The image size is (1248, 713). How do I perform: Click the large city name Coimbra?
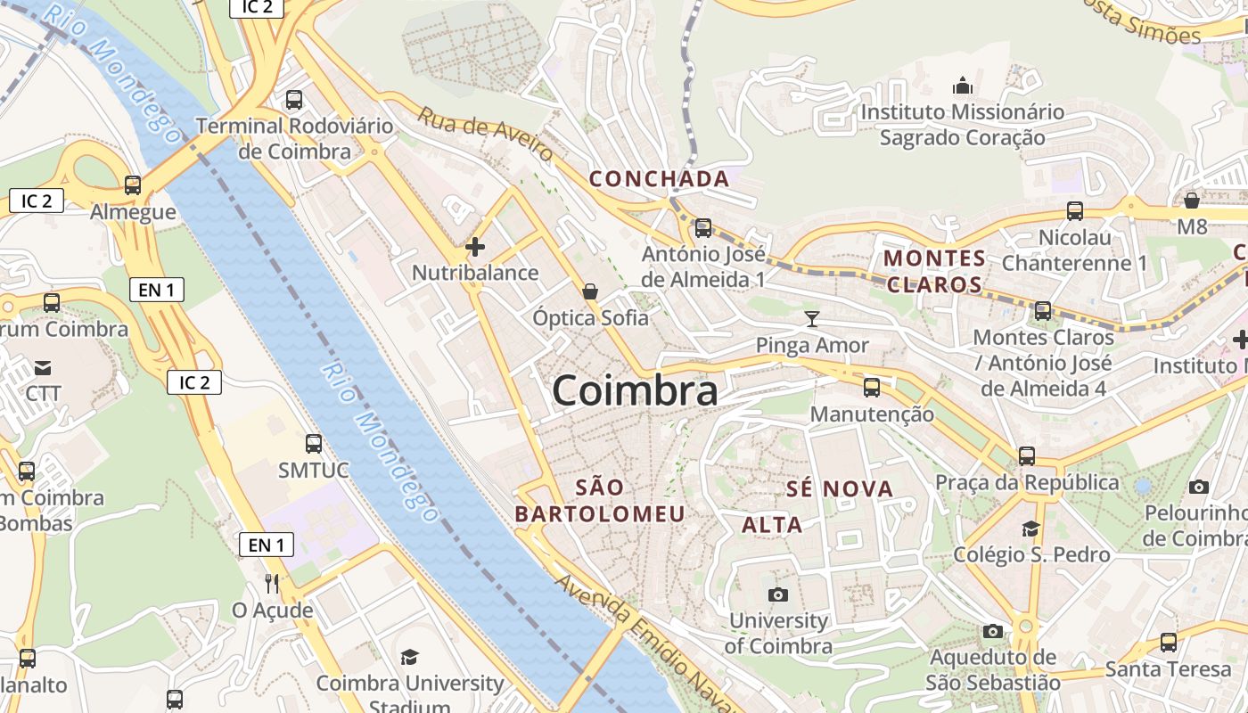click(635, 391)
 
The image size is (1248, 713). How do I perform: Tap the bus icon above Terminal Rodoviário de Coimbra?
click(293, 100)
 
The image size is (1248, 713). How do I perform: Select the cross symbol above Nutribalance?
click(475, 246)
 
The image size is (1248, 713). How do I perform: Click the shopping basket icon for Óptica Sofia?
click(589, 291)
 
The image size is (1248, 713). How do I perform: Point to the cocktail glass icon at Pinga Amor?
click(811, 318)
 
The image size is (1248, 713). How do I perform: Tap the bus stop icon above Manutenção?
click(871, 388)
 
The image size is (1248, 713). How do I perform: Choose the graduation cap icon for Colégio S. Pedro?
click(1030, 529)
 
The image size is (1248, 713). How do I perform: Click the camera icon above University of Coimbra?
click(778, 594)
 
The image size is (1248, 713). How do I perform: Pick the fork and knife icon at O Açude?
click(272, 584)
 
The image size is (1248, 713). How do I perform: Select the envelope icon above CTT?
click(42, 367)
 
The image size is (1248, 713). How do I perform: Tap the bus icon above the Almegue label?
click(133, 185)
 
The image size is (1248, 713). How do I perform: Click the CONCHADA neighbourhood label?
click(659, 179)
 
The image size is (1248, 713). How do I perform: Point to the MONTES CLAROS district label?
click(933, 272)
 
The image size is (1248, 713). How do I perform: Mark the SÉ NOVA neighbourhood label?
click(839, 488)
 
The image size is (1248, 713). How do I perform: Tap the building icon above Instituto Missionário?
click(962, 86)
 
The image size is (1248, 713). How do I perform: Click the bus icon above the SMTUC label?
click(313, 443)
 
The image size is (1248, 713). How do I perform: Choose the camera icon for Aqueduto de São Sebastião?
click(992, 632)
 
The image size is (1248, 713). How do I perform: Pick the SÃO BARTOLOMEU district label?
click(600, 500)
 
